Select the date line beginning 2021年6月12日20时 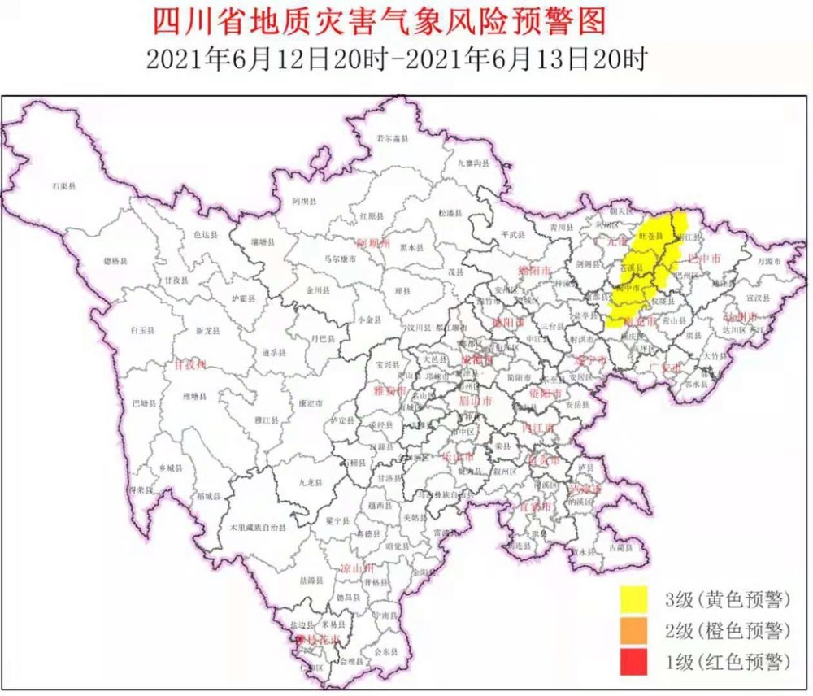click(x=396, y=59)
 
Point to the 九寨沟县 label click(x=473, y=165)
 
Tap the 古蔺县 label click(x=624, y=549)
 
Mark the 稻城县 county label click(x=210, y=495)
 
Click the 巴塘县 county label click(x=142, y=403)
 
